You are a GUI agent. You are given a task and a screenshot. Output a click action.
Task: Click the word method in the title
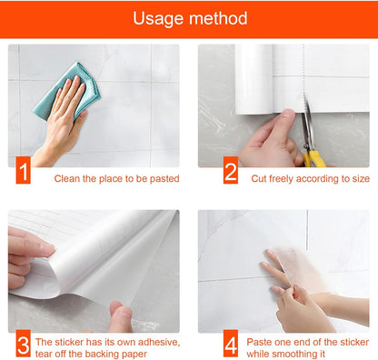[216, 18]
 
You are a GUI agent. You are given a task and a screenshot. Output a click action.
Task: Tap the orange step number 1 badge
[24, 169]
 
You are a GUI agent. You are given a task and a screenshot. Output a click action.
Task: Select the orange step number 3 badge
[24, 346]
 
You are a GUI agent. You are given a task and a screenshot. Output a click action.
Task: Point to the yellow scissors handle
[314, 156]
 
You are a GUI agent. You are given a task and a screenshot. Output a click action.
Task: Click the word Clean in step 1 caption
[69, 178]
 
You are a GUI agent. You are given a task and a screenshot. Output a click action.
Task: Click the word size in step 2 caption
[357, 178]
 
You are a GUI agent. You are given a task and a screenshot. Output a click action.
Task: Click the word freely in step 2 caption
[286, 178]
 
